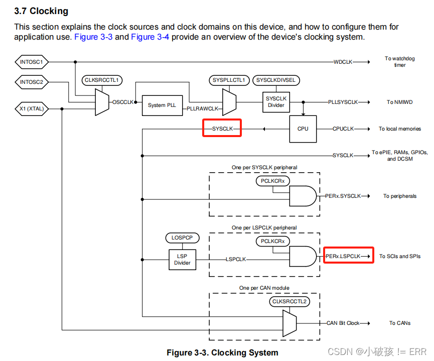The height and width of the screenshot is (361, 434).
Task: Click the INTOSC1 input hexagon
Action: click(32, 62)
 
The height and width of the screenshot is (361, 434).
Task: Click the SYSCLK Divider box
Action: click(275, 102)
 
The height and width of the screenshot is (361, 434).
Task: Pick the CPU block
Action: click(303, 129)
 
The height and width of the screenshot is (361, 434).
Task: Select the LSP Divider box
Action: click(182, 260)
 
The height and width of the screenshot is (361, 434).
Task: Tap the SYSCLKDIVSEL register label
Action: click(275, 80)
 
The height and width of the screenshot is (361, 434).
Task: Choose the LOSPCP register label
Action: click(182, 237)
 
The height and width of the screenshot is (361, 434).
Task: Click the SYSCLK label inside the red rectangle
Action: click(222, 129)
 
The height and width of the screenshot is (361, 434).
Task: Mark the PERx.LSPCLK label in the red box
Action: click(344, 257)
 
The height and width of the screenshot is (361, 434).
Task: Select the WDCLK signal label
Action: click(343, 62)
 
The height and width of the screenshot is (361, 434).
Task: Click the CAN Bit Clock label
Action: click(343, 323)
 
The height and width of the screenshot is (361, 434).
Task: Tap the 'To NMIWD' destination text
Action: click(399, 102)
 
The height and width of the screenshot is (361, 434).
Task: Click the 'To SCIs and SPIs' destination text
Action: click(399, 257)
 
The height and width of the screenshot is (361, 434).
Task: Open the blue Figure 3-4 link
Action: click(150, 37)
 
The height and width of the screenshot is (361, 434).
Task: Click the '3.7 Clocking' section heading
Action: click(41, 11)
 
